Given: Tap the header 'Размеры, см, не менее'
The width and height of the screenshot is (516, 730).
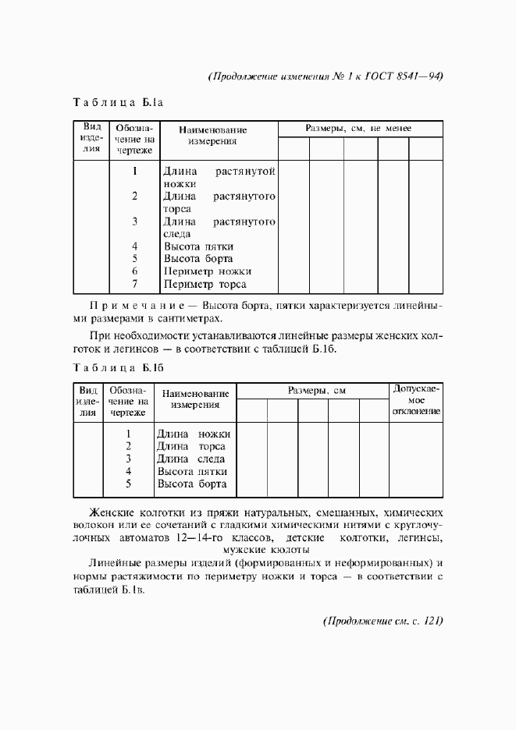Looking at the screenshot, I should point(359,128).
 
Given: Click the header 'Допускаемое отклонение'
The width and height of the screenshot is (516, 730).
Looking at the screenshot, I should point(416,399).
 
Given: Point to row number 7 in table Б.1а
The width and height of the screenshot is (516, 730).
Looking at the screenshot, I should point(134,284).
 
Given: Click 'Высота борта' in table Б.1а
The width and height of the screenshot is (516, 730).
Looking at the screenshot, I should point(198,259).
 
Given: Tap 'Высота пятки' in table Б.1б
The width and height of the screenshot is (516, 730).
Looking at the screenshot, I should point(192,472).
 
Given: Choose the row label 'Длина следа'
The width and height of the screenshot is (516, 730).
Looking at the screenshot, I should point(191,459).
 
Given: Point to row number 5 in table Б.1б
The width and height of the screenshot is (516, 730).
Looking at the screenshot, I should point(128,484).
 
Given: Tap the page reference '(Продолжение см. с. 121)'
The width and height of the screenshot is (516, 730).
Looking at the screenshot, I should point(383,621).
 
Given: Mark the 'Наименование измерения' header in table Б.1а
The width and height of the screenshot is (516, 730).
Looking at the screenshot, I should point(212,136).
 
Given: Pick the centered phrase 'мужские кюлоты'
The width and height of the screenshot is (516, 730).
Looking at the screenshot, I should point(267,550).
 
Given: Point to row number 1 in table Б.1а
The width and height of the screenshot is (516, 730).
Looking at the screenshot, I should point(134,171).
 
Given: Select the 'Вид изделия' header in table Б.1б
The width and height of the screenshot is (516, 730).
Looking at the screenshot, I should point(89,401).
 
